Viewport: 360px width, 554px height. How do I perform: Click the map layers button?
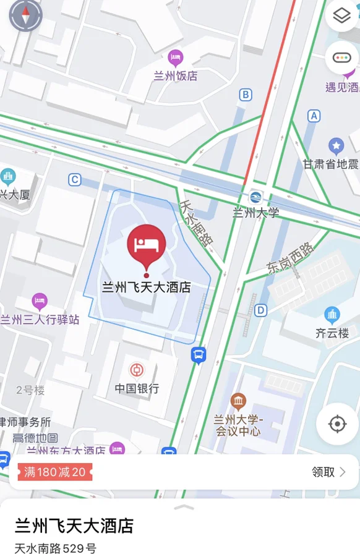click(341, 17)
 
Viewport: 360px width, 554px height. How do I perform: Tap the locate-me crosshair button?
click(337, 424)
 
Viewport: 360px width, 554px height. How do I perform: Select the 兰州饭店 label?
click(176, 76)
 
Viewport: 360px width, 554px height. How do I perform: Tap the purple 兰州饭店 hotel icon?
click(176, 59)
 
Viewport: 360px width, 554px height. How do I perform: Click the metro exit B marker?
click(246, 95)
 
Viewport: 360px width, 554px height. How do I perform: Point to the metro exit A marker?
click(314, 116)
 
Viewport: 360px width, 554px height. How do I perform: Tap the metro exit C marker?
click(75, 180)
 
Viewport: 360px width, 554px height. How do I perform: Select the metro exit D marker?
click(260, 310)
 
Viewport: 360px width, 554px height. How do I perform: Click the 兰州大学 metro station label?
click(255, 213)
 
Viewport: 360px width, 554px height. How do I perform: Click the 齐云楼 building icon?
click(332, 315)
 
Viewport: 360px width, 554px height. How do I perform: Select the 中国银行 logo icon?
click(137, 370)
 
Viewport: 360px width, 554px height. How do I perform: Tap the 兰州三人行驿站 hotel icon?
click(40, 302)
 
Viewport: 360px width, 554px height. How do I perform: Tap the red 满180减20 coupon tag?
click(54, 472)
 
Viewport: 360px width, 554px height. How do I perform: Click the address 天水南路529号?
click(56, 548)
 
